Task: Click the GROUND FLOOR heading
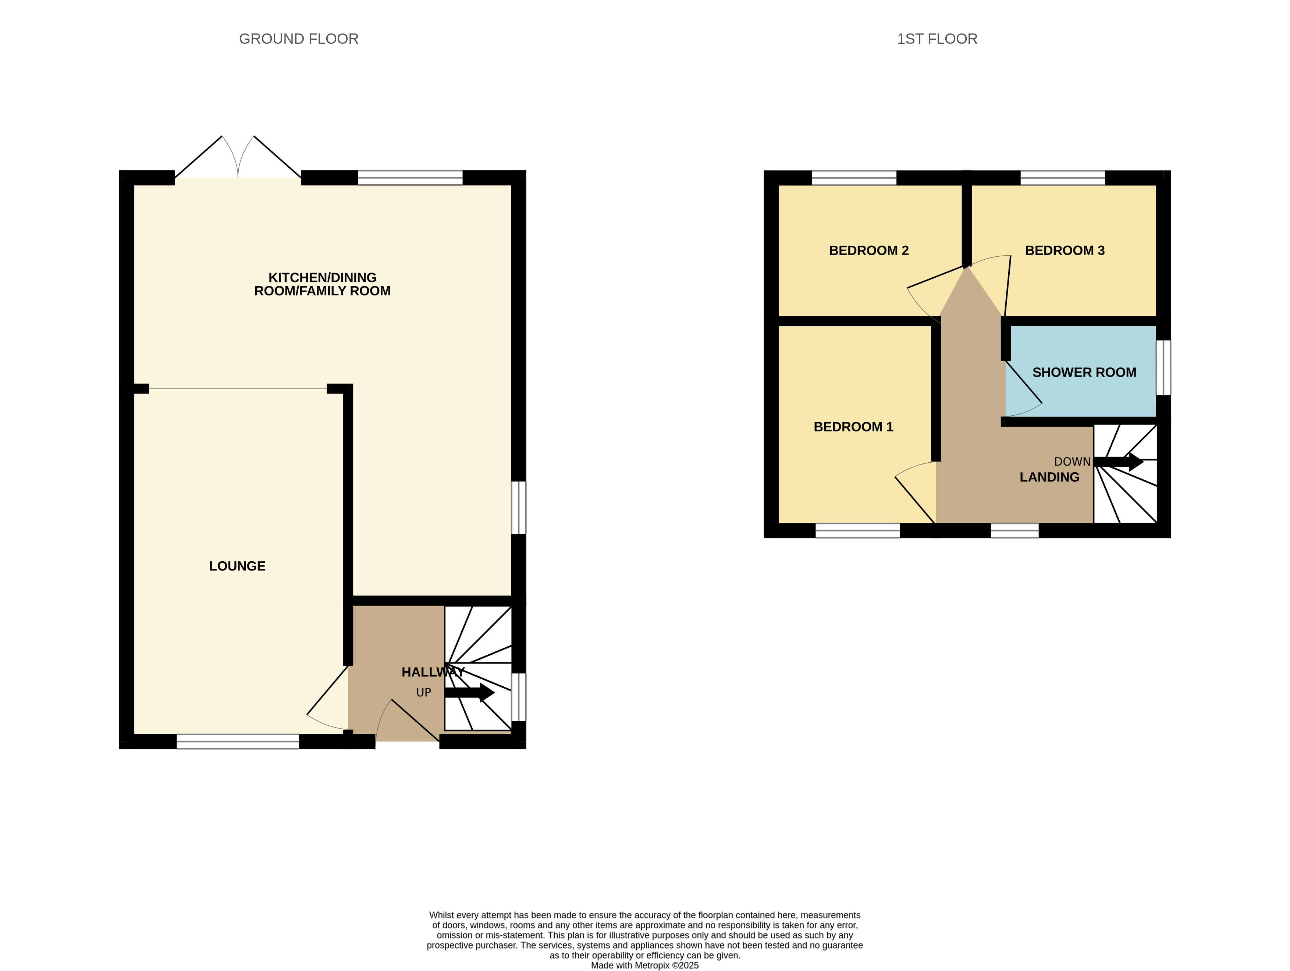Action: pos(299,39)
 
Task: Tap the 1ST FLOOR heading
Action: pos(937,39)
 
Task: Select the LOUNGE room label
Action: pos(237,566)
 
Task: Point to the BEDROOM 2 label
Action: pos(868,251)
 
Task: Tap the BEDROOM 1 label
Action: pos(853,427)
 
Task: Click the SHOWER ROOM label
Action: pos(1084,373)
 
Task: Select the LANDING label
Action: pos(1049,477)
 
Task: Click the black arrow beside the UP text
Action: pos(469,693)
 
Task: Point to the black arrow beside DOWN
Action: pos(1119,462)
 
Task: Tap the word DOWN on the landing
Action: pos(1072,462)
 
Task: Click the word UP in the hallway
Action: pos(423,693)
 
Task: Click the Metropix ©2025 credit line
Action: pos(644,965)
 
